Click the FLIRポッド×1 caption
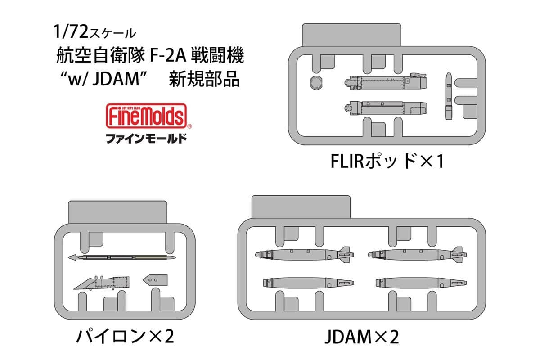[386, 161]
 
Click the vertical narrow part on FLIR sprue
[450, 95]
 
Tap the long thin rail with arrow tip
[122, 258]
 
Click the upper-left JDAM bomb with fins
[302, 254]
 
